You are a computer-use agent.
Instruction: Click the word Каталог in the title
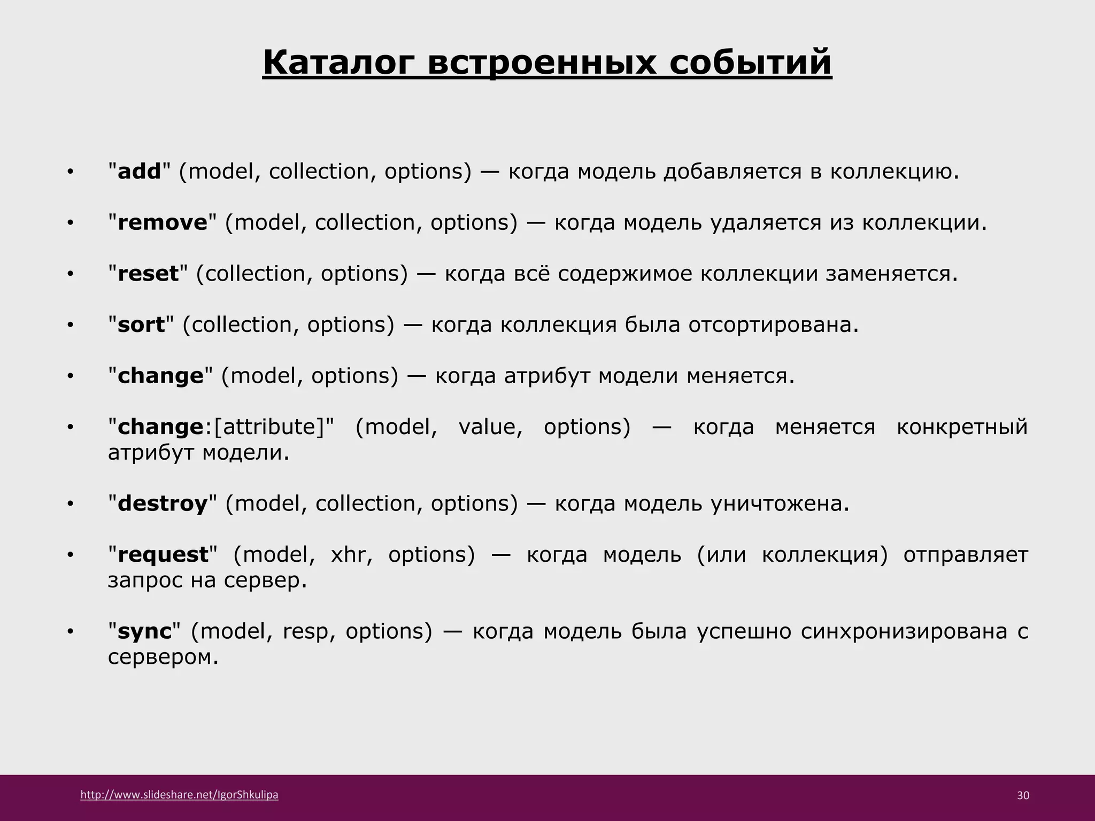coord(339,63)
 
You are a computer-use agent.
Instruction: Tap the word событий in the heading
coord(750,63)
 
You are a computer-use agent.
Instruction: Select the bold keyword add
coord(139,172)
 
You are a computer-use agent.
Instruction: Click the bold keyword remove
coord(162,222)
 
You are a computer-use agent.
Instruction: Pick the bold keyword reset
coord(148,274)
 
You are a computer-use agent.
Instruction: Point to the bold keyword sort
coord(141,325)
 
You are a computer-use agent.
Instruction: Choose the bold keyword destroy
coord(162,504)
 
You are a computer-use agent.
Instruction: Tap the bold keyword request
coord(163,555)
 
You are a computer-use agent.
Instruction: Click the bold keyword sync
coord(144,632)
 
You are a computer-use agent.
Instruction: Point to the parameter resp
coord(305,632)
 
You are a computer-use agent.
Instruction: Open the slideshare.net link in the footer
coord(179,795)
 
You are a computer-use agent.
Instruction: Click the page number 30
coord(1023,795)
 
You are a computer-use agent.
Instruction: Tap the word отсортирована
coord(773,325)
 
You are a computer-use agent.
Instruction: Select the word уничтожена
coord(779,504)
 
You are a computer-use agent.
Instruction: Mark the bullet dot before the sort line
coord(70,326)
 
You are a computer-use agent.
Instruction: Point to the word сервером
coord(163,657)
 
